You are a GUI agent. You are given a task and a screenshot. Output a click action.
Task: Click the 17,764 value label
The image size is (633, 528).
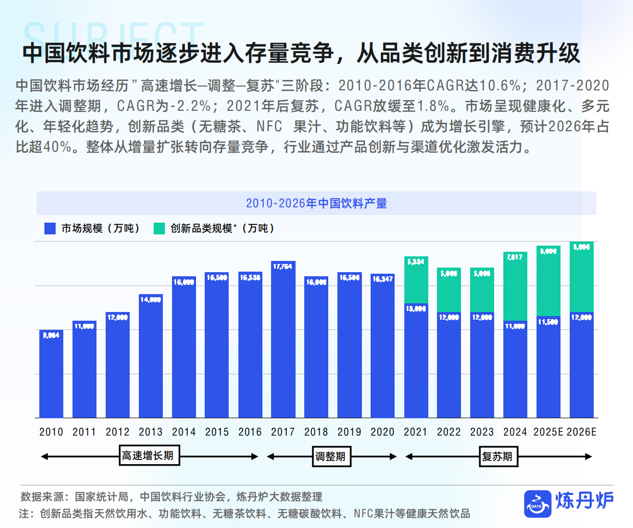[x=283, y=267]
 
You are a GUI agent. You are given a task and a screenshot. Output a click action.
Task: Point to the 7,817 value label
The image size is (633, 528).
[x=515, y=257]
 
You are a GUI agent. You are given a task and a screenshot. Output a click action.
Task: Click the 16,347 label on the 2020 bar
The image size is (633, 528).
[x=382, y=279]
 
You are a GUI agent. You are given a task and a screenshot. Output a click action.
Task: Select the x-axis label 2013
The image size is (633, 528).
[x=151, y=432]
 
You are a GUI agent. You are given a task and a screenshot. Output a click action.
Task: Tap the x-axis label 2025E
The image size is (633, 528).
[x=548, y=432]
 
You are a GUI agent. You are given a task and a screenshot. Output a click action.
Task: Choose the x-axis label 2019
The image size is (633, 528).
[x=349, y=432]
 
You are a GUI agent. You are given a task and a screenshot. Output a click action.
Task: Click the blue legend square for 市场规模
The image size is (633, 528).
[x=50, y=228]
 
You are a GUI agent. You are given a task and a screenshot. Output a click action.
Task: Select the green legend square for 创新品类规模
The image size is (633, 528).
[x=159, y=228]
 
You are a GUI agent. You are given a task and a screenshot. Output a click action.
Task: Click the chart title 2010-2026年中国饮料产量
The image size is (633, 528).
[x=316, y=203]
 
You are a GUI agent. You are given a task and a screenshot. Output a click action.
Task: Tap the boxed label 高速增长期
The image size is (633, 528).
[x=148, y=456]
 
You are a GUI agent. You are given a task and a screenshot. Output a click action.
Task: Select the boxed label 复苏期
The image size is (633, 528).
[x=498, y=457]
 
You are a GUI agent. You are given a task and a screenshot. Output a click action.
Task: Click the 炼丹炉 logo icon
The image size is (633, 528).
[x=538, y=503]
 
